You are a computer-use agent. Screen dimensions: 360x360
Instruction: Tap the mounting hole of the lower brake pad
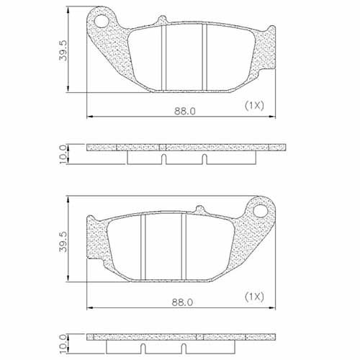[260, 210]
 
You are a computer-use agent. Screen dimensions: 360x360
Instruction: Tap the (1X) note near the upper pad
[254, 105]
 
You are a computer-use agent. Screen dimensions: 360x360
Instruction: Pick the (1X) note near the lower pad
[254, 296]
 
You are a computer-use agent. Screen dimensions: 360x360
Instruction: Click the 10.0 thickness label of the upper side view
[63, 153]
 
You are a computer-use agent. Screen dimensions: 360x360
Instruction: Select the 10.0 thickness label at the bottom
[63, 341]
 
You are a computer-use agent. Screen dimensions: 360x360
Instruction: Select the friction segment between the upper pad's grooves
[184, 58]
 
